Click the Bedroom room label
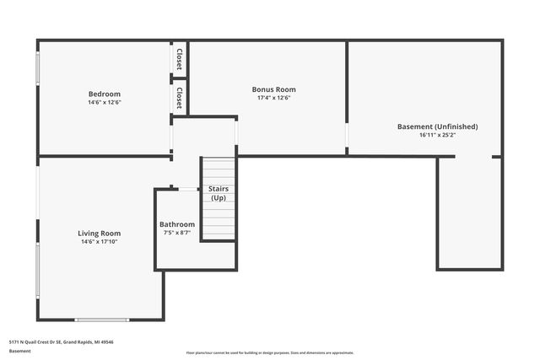coord(105,94)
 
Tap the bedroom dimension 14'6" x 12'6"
coord(105,102)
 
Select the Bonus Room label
coord(273,89)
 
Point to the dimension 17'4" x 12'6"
coord(273,98)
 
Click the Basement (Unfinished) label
coord(437,126)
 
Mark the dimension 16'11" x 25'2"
coord(437,135)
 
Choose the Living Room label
coord(100,234)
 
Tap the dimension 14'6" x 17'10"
coord(100,242)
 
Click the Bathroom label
coord(177,224)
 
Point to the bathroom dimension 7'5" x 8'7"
coord(177,233)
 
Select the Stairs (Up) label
coord(218,193)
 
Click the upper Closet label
coord(180,58)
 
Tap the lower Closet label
coord(180,99)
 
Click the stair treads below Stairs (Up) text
coord(218,223)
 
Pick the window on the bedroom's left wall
coord(36,69)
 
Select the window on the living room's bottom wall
coord(101,320)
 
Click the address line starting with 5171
coord(61,342)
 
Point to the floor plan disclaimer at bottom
coord(269,352)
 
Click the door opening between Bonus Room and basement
coord(347,135)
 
